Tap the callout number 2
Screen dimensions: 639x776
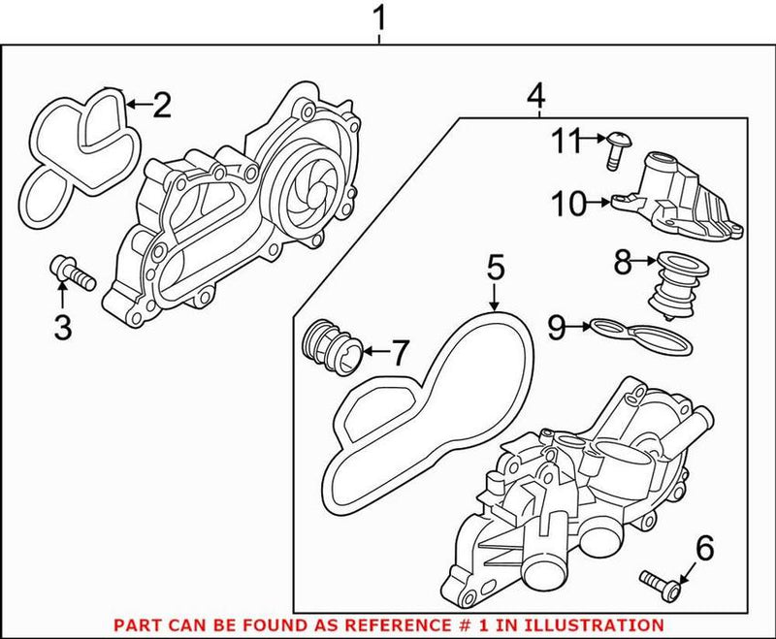161,102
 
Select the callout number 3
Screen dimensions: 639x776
62,329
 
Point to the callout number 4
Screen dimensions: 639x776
535,96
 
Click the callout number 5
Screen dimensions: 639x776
495,267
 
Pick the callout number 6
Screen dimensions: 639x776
704,549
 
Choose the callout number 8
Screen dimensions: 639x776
623,260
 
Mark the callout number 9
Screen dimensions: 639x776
555,328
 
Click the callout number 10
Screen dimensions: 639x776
569,204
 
